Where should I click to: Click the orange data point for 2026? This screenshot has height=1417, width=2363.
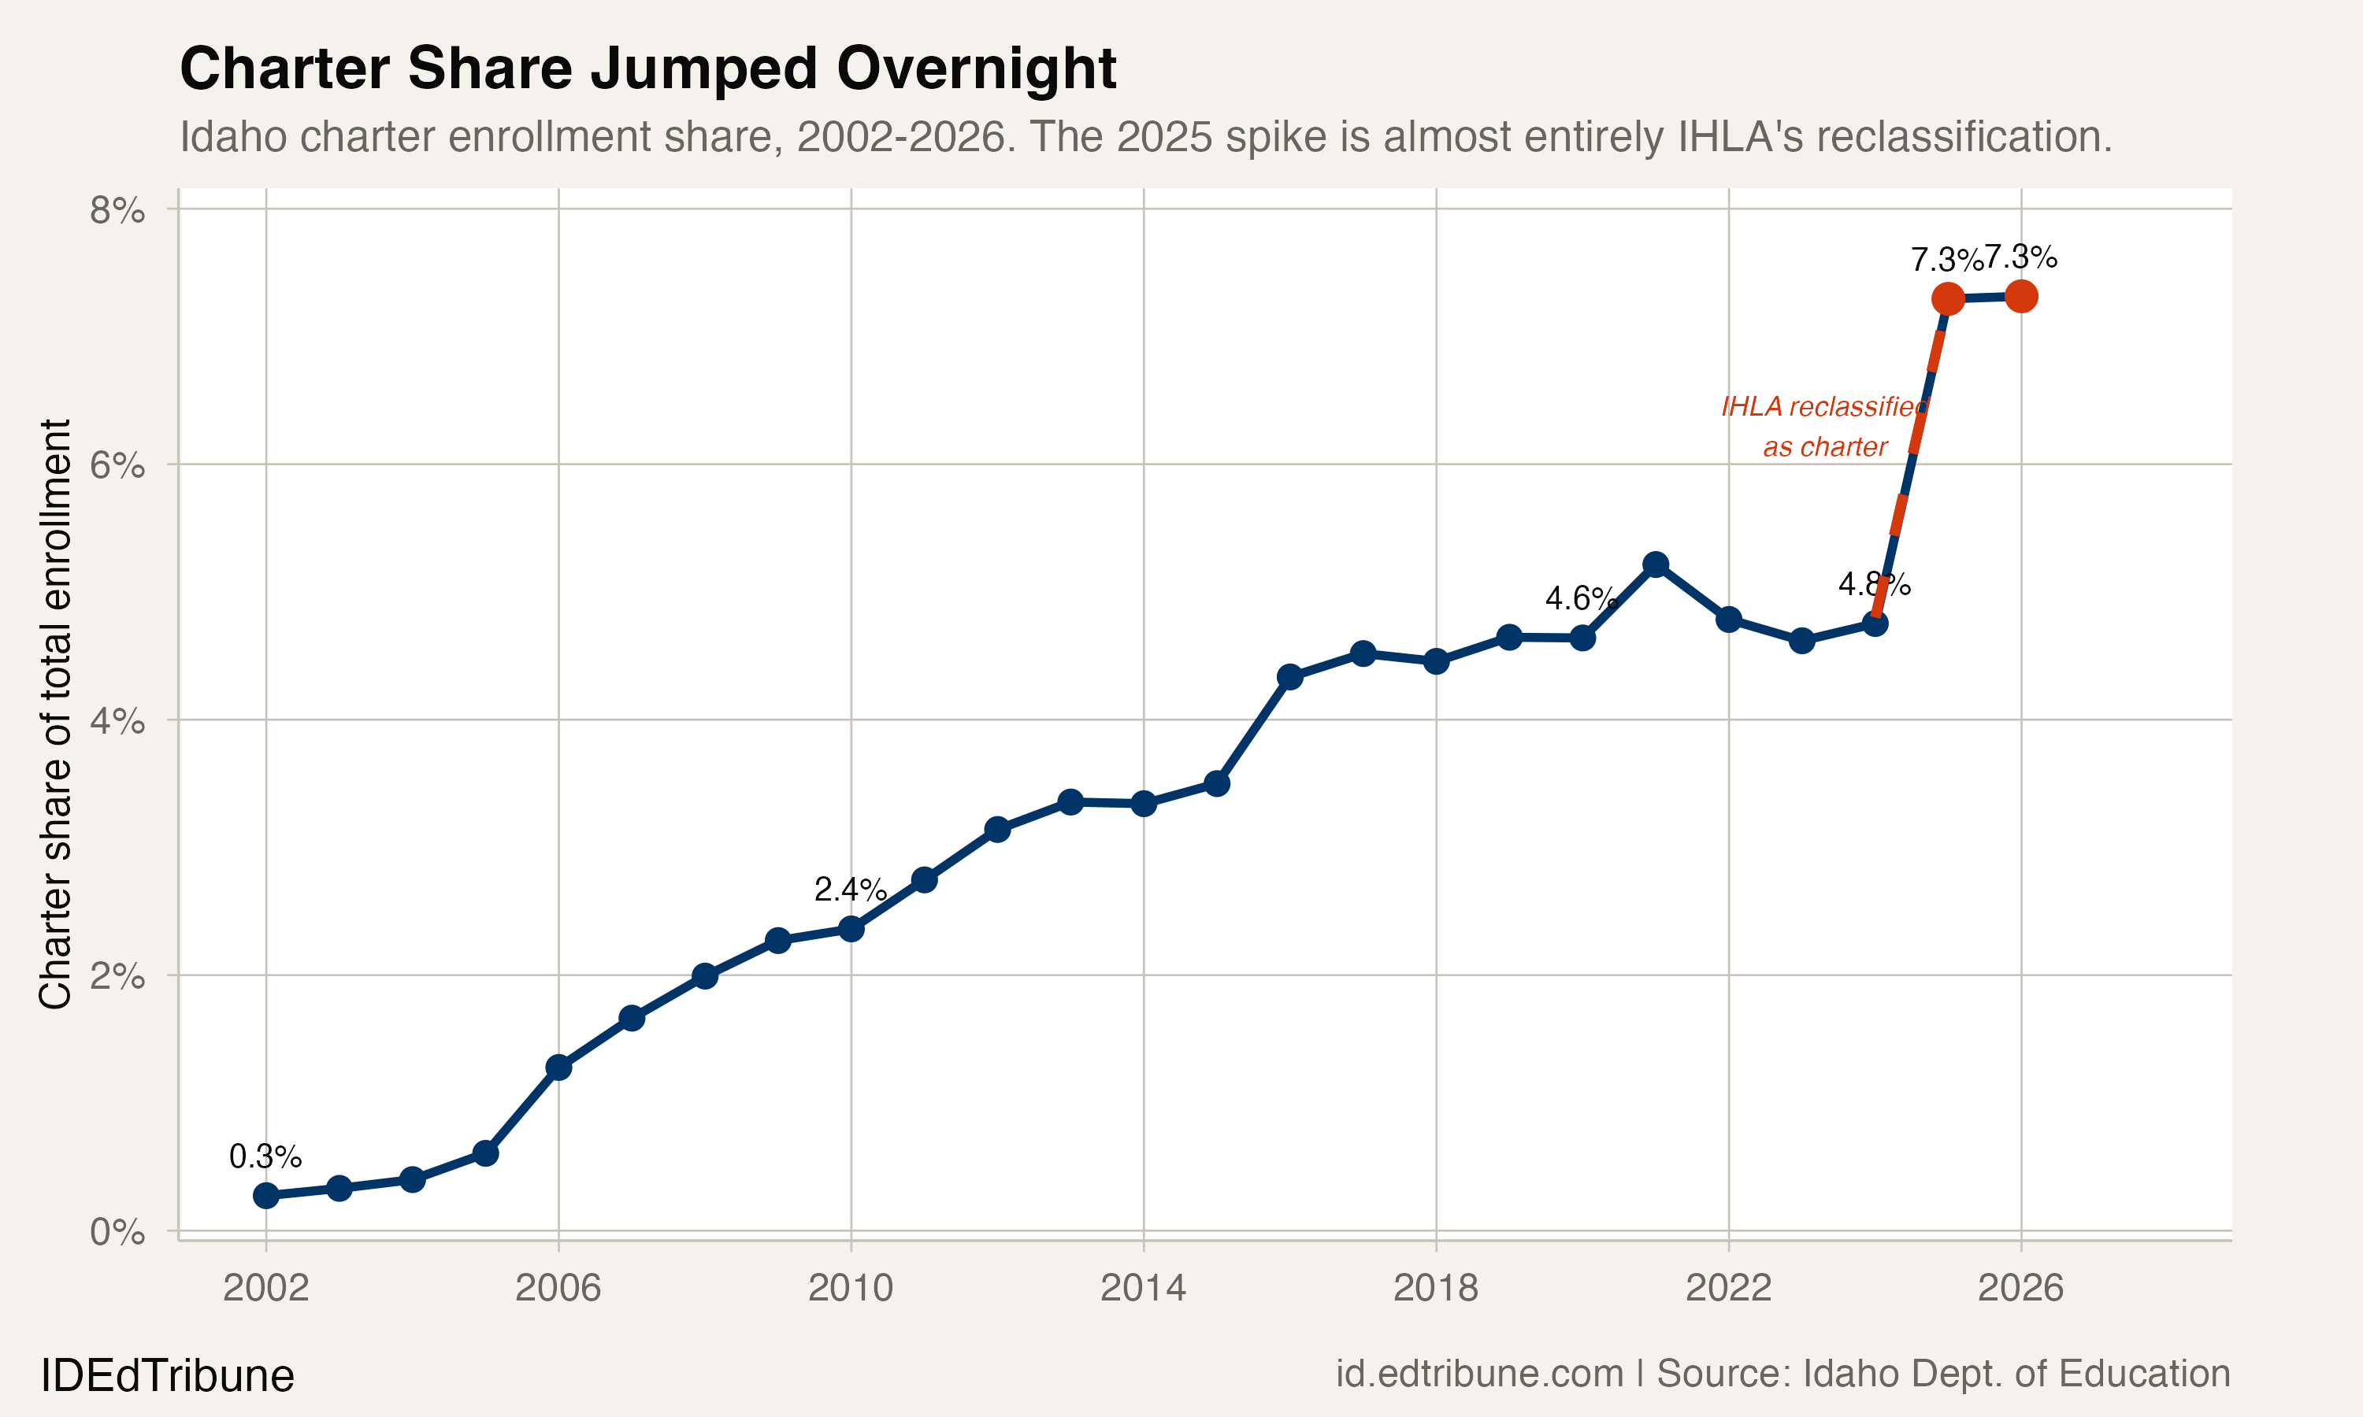2021,297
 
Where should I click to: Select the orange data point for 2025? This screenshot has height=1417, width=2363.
1948,299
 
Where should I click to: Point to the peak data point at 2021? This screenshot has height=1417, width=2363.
1655,564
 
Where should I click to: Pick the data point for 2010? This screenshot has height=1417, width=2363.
851,928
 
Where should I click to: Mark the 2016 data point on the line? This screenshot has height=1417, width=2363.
1289,677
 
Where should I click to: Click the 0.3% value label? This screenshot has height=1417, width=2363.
265,1157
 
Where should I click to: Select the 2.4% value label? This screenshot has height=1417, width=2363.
850,890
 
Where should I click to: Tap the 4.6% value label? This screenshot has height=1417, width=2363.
1581,599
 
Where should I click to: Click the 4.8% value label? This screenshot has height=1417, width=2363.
1874,584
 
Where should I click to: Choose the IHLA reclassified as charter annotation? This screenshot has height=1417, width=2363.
1824,427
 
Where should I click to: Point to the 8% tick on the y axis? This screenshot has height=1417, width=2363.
117,210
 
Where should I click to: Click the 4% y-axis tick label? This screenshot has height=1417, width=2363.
117,721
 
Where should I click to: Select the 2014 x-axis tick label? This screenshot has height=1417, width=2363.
1142,1288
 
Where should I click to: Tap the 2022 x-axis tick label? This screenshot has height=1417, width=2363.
1728,1288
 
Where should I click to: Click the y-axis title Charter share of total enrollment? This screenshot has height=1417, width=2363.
55,713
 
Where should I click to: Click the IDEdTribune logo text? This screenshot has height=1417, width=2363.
167,1376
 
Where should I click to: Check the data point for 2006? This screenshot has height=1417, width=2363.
558,1067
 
